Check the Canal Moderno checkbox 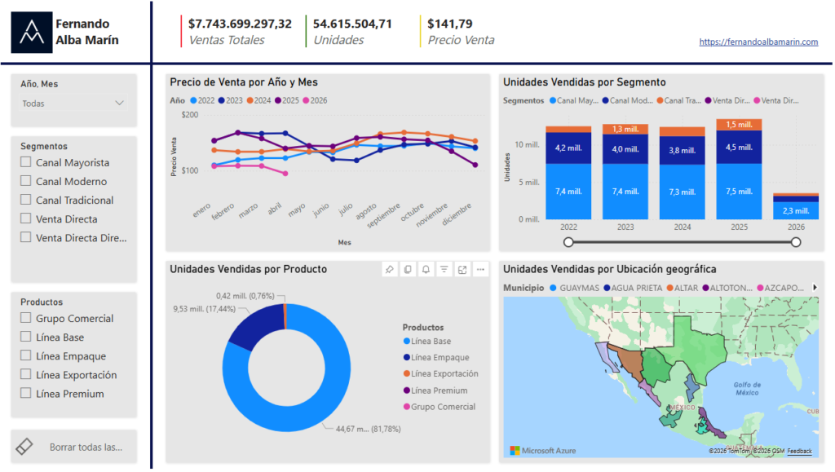pos(26,182)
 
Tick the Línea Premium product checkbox pos(26,394)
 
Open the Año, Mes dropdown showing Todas pos(73,104)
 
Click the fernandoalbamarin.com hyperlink pos(758,42)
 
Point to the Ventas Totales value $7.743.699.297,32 pos(240,24)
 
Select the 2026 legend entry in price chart pos(315,100)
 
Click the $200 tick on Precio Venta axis pos(190,115)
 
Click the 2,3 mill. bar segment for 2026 pos(795,211)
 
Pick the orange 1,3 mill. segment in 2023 pos(625,129)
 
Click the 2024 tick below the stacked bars pos(682,227)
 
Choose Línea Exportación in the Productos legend pos(444,374)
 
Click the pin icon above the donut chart pos(390,269)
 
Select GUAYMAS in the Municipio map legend pos(579,288)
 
